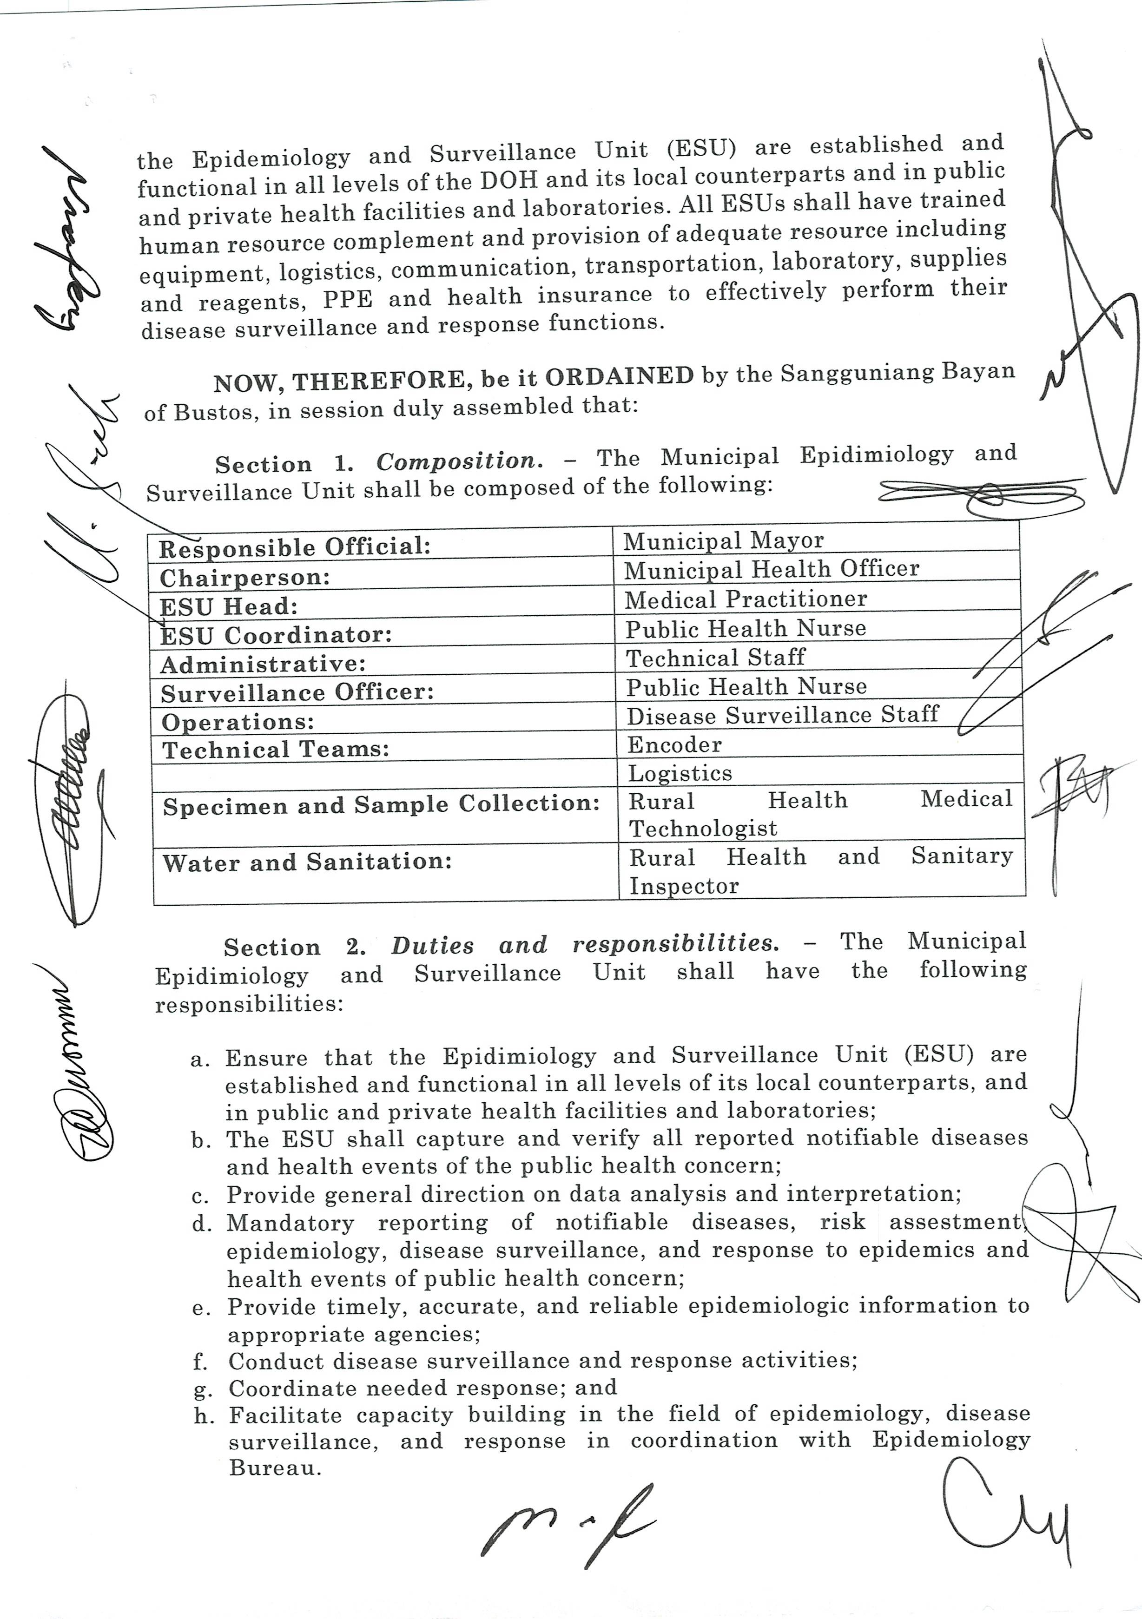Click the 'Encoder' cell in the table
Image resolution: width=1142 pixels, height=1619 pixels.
(x=674, y=744)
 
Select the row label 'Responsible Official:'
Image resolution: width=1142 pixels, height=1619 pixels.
(x=295, y=546)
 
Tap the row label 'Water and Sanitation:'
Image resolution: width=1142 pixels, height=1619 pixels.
(x=307, y=862)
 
